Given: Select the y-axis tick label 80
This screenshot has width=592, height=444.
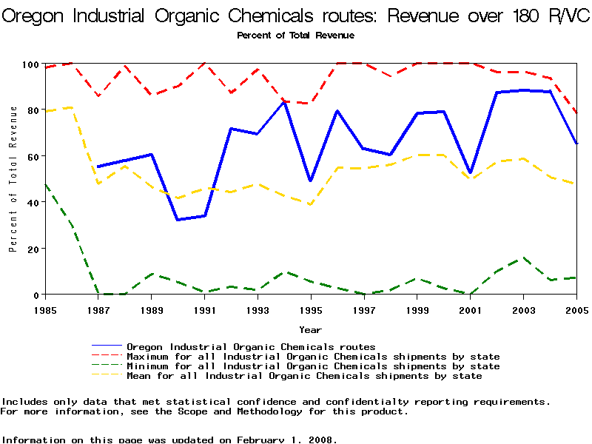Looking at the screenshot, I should click(x=31, y=111).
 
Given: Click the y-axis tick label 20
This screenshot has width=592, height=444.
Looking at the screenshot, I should click(x=31, y=249).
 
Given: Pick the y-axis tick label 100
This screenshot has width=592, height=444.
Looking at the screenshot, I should click(x=28, y=65).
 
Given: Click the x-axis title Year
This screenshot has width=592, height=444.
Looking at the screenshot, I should click(x=310, y=329).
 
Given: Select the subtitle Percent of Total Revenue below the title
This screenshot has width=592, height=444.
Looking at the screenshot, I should click(x=295, y=36).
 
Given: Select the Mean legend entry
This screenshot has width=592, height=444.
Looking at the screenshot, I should click(x=304, y=376).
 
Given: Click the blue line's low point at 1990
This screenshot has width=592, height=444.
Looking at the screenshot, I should click(x=178, y=220).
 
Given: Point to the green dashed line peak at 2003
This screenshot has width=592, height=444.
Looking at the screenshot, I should click(x=524, y=258).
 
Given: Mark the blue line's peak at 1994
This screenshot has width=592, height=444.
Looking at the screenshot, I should click(x=284, y=102).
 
